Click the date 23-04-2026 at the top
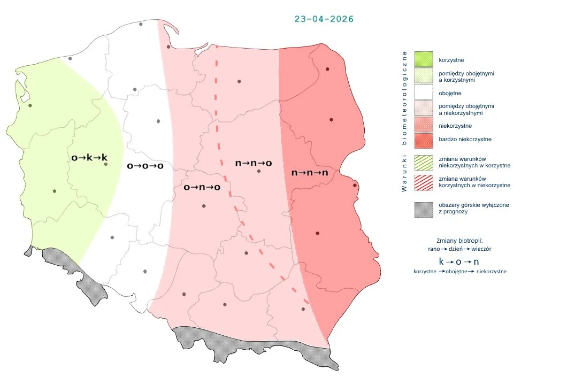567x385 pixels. pyautogui.click(x=324, y=19)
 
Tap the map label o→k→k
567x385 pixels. pyautogui.click(x=89, y=158)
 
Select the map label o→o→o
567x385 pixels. pyautogui.click(x=145, y=166)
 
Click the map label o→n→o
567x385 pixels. pyautogui.click(x=202, y=187)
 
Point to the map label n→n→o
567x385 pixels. pyautogui.click(x=254, y=163)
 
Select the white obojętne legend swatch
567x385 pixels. pyautogui.click(x=424, y=93)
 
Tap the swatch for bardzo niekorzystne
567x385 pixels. pyautogui.click(x=424, y=140)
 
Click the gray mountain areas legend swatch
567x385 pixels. pyautogui.click(x=424, y=209)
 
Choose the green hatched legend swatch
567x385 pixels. pyautogui.click(x=424, y=163)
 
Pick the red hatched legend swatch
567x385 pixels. pyautogui.click(x=424, y=182)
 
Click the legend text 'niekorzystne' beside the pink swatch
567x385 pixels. pyautogui.click(x=455, y=126)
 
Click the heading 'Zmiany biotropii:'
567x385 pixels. pyautogui.click(x=459, y=241)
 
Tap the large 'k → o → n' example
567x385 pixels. pyautogui.click(x=459, y=262)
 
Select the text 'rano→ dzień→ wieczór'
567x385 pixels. pyautogui.click(x=460, y=249)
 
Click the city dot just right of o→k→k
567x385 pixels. pyautogui.click(x=106, y=164)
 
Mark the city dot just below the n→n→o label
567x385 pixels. pyautogui.click(x=259, y=171)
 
